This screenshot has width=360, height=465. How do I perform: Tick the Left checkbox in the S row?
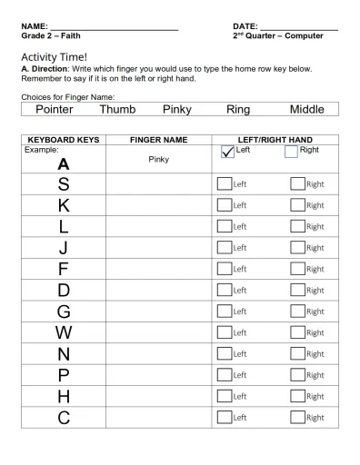point(224,183)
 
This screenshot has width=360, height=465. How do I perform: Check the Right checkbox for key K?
point(297,204)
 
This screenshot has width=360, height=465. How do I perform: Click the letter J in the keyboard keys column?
point(63,247)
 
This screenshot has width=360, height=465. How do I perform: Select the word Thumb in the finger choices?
point(117,109)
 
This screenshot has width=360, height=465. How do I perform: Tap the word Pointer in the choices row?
point(54,109)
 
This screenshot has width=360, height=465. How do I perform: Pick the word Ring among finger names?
point(238,109)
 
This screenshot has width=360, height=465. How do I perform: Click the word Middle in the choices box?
point(306,109)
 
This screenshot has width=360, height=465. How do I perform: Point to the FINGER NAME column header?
point(158,140)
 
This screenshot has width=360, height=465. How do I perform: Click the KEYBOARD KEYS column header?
point(64,140)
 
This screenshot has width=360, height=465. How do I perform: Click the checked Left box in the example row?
point(227,153)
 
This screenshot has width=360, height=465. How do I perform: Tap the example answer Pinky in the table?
point(158,159)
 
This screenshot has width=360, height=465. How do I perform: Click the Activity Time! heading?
point(54,56)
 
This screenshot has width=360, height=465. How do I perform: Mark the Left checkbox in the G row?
point(224,311)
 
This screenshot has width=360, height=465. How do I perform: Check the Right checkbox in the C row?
point(297,417)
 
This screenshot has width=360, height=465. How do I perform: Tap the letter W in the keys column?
point(63,332)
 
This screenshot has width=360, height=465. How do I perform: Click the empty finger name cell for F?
point(158,269)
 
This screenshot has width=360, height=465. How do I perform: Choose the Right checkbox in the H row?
point(297,396)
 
